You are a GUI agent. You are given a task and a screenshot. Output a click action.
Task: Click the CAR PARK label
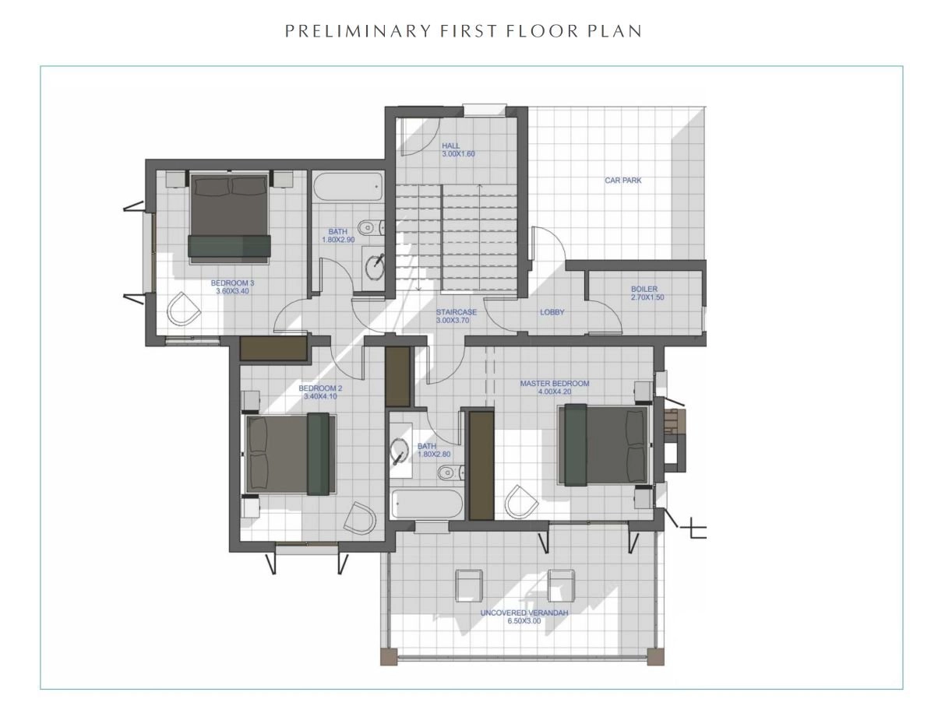[622, 181]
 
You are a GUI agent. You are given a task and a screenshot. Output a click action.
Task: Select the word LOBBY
[552, 312]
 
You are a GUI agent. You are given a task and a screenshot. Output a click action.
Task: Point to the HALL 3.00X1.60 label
[458, 149]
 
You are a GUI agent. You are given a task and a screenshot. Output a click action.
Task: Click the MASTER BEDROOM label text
[555, 384]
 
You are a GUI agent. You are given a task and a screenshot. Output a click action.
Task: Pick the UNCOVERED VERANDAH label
[524, 613]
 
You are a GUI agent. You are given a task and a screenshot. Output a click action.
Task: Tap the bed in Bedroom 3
[229, 218]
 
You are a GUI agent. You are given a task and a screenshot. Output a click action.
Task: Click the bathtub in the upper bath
[348, 187]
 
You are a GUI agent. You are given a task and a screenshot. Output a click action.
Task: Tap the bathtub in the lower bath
[427, 503]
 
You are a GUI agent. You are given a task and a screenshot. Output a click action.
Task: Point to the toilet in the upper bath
[371, 227]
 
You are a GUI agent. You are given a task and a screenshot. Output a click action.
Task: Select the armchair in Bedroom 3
[183, 309]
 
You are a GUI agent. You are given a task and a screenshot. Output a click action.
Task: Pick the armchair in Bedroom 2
[360, 518]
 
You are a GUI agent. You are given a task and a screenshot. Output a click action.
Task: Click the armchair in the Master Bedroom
[521, 501]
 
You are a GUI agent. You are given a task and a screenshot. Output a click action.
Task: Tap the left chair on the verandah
[468, 585]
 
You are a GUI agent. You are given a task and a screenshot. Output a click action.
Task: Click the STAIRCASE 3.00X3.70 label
[456, 316]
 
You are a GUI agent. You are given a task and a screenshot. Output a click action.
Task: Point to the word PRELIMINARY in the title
[358, 31]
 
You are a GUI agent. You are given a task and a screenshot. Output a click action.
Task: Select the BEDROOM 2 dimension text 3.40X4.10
[320, 396]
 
